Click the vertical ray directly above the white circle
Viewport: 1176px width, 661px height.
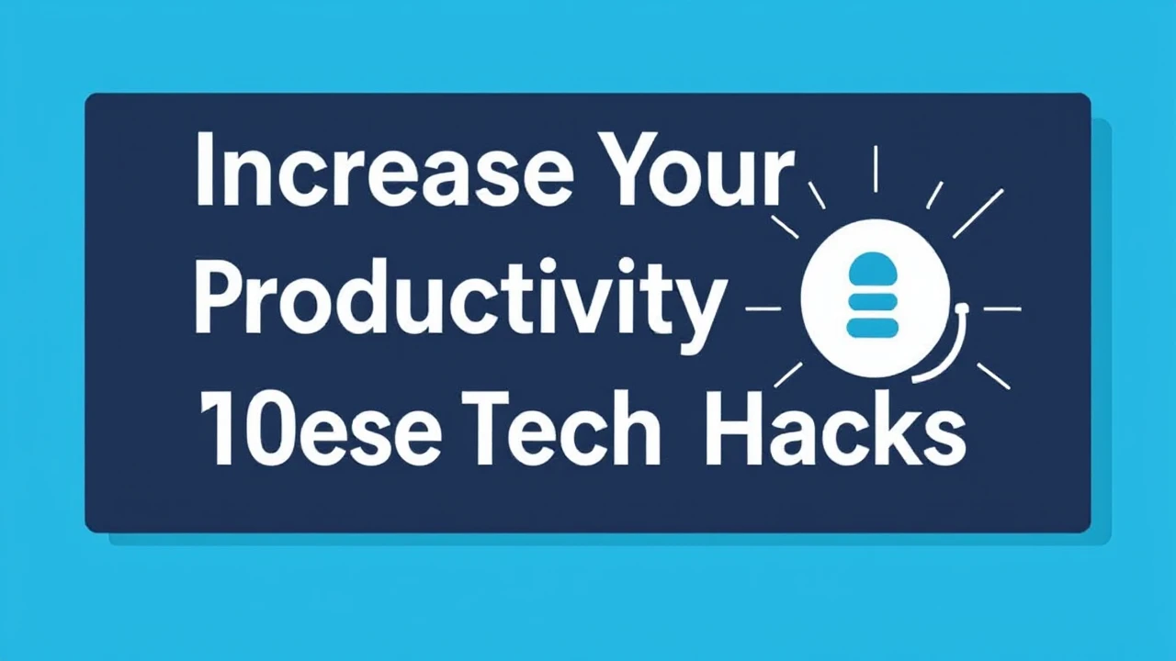[876, 169]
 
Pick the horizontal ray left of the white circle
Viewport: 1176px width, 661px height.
[763, 309]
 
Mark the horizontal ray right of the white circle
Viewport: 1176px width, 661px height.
[1001, 309]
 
